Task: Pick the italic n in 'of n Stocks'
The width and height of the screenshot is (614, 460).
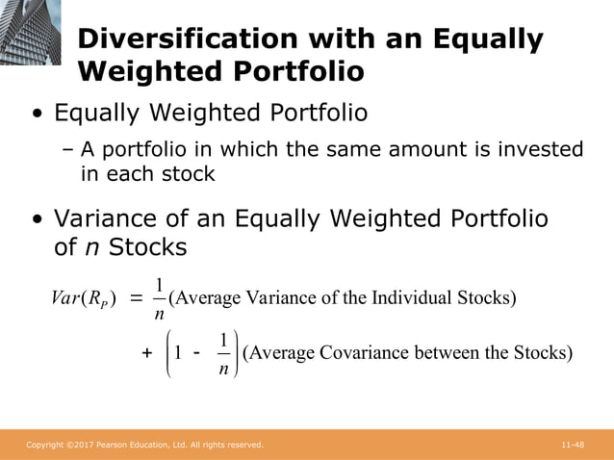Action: tap(92, 246)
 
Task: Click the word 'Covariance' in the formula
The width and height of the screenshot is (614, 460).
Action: tap(366, 352)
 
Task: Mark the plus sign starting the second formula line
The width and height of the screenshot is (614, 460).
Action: tap(147, 353)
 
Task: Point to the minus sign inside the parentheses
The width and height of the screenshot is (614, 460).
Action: tap(197, 352)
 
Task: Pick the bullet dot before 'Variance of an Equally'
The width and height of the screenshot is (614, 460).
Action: tap(38, 219)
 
